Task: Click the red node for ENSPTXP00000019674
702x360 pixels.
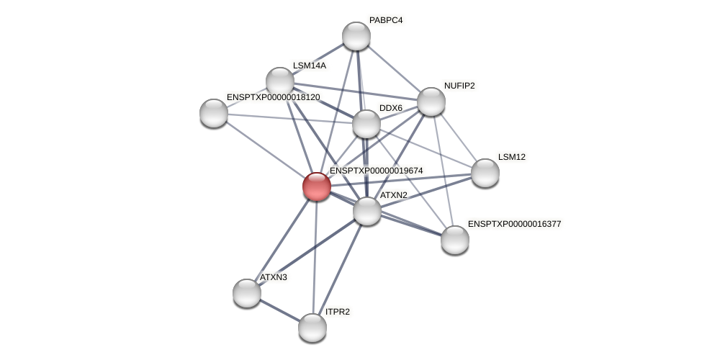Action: pyautogui.click(x=316, y=186)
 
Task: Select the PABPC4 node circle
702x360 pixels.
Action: pyautogui.click(x=356, y=36)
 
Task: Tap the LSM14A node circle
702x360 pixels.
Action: pyautogui.click(x=279, y=81)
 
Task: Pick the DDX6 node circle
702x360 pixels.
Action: pyautogui.click(x=366, y=124)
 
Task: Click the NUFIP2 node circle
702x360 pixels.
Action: pyautogui.click(x=431, y=102)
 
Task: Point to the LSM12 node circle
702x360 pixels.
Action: pyautogui.click(x=485, y=173)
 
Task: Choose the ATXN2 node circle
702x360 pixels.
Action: pyautogui.click(x=366, y=211)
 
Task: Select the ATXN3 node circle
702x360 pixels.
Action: pyautogui.click(x=246, y=293)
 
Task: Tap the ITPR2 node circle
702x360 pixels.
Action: pyautogui.click(x=312, y=328)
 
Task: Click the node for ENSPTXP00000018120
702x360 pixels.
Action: pyautogui.click(x=213, y=113)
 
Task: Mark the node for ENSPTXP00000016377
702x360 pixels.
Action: pyautogui.click(x=454, y=240)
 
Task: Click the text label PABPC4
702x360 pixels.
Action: pyautogui.click(x=385, y=20)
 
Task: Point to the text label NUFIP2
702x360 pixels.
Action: pyautogui.click(x=459, y=86)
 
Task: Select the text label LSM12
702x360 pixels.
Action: pyautogui.click(x=511, y=157)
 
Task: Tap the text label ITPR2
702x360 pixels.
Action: pyautogui.click(x=337, y=312)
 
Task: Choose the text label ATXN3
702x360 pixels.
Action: pyautogui.click(x=273, y=277)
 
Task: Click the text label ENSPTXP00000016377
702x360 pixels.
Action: pyautogui.click(x=514, y=224)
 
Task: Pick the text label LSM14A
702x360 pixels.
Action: pyautogui.click(x=309, y=66)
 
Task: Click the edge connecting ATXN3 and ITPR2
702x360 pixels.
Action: pyautogui.click(x=279, y=310)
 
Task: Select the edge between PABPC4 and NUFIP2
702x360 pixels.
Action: pyautogui.click(x=393, y=68)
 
